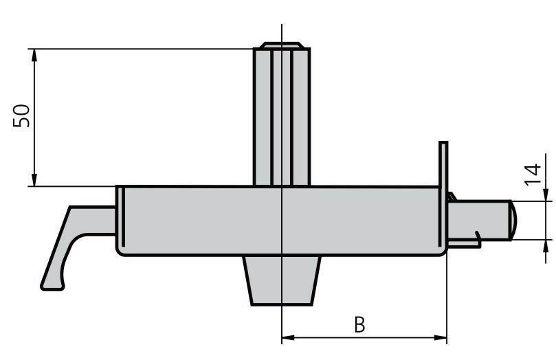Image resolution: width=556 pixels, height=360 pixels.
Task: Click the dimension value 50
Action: tap(22, 115)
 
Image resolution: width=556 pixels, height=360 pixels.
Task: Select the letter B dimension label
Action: tap(360, 324)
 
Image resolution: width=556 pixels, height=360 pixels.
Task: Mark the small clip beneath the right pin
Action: tap(476, 238)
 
